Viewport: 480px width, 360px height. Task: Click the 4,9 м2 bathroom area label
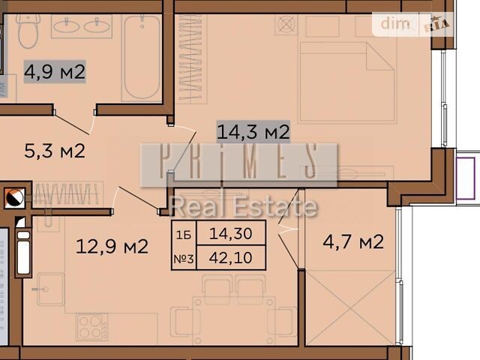tap(55, 72)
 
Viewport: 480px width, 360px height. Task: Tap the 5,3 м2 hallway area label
tap(55, 151)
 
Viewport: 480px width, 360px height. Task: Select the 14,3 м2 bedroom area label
tap(253, 132)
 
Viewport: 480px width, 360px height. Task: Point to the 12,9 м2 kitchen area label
tap(112, 247)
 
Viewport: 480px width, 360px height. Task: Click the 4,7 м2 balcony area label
tap(353, 241)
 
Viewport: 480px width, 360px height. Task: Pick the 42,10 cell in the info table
tap(231, 258)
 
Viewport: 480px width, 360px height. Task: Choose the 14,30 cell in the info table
tap(231, 233)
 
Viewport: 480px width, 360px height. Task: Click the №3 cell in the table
tap(184, 259)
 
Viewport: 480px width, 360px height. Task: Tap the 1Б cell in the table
tap(184, 235)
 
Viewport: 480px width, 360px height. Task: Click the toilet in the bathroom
tap(28, 31)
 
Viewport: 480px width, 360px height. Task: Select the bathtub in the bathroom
tap(142, 58)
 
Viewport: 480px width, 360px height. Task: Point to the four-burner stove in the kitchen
tap(92, 327)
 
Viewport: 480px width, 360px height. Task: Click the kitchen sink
tap(51, 289)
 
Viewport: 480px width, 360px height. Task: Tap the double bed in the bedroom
tap(347, 82)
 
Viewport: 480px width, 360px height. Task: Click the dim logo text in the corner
tap(395, 23)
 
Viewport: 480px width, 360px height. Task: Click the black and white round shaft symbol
tap(14, 198)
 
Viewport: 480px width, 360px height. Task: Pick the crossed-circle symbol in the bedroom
tap(286, 25)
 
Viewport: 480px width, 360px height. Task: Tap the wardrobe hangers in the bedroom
tap(191, 58)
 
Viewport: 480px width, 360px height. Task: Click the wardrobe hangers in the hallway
tap(67, 193)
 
